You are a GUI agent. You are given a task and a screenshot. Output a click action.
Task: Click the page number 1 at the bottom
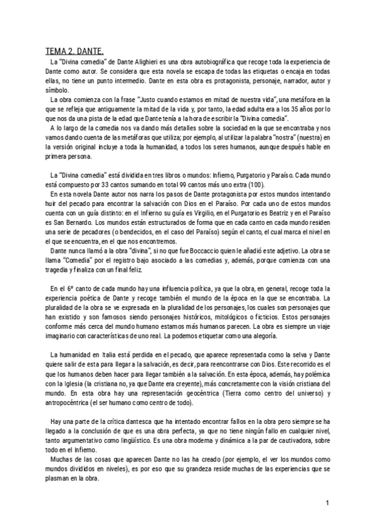pos(327,503)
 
